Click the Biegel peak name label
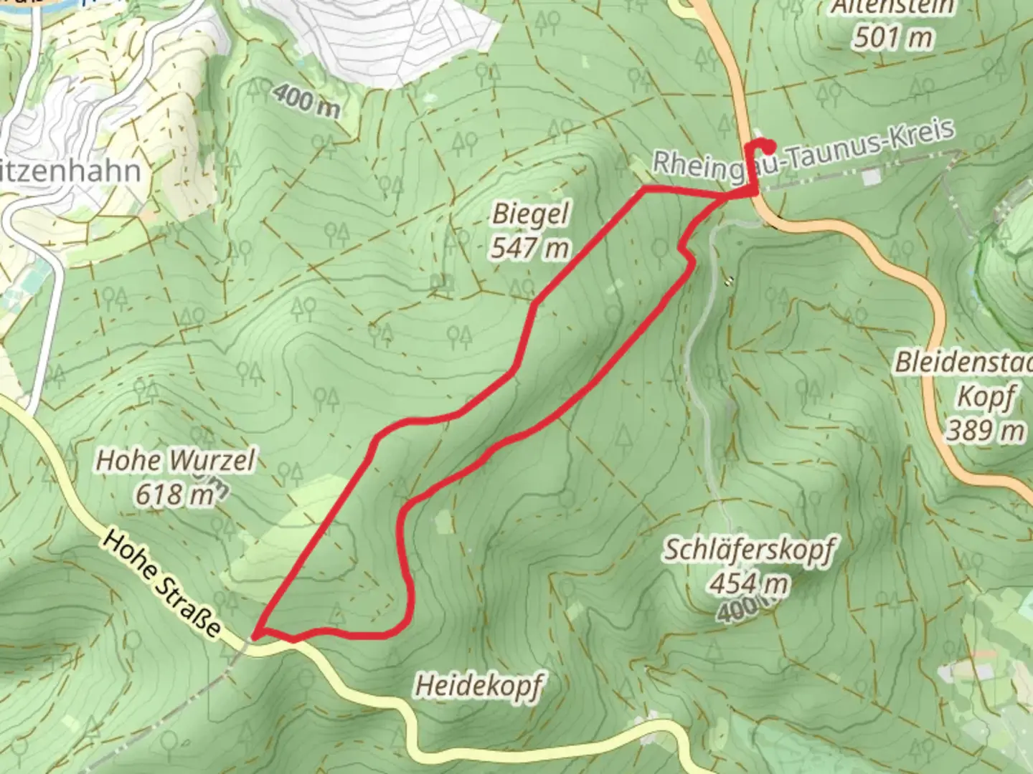pos(531,214)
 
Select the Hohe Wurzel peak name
pos(175,460)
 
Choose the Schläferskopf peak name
pos(749,550)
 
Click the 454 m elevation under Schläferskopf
pos(749,584)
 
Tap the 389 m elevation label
pos(985,430)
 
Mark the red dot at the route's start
pos(768,148)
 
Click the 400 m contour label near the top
pos(306,101)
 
